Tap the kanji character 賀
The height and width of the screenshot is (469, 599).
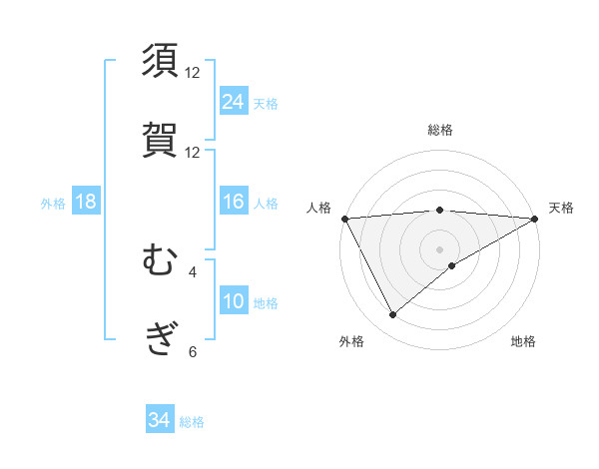pos(161,140)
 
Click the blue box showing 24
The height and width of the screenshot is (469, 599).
pos(234,101)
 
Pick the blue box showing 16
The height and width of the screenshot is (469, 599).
pos(234,202)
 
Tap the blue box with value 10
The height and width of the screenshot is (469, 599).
pos(234,301)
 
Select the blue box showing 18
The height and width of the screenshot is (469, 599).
pos(86,202)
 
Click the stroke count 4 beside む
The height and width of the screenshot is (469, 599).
pos(193,271)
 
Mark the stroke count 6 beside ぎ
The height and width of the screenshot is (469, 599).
pos(193,351)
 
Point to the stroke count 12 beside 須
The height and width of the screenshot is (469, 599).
pos(193,72)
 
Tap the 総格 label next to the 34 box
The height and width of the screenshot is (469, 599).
pos(192,422)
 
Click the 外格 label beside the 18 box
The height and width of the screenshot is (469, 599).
pos(53,203)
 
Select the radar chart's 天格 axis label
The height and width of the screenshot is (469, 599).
pos(561,208)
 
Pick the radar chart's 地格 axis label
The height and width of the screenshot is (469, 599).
pos(523,341)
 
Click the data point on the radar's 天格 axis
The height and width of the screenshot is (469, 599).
pos(535,218)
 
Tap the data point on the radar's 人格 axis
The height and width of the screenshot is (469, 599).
pos(344,218)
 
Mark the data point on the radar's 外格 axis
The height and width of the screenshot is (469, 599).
pos(392,315)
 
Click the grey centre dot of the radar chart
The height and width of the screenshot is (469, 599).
pos(440,248)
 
